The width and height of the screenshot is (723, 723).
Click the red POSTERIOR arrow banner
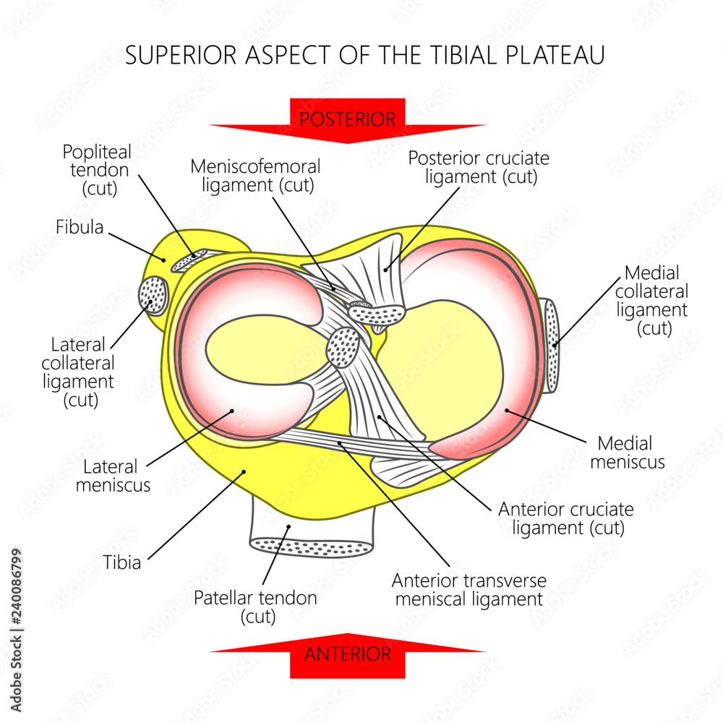pyautogui.click(x=348, y=119)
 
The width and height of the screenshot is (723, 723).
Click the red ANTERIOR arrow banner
pyautogui.click(x=348, y=654)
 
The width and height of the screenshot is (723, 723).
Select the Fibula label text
pyautogui.click(x=80, y=227)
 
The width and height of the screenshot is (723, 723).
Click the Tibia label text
pyautogui.click(x=121, y=562)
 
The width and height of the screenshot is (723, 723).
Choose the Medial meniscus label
pyautogui.click(x=627, y=452)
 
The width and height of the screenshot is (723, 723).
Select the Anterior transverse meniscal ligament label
pyautogui.click(x=469, y=589)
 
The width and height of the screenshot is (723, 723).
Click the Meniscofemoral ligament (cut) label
pyautogui.click(x=255, y=175)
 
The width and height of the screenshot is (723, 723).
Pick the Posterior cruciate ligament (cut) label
pyautogui.click(x=479, y=167)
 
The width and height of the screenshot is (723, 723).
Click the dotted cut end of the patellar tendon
pyautogui.click(x=311, y=547)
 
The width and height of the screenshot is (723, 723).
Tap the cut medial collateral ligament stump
pyautogui.click(x=551, y=346)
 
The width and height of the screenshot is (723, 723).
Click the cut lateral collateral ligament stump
pyautogui.click(x=153, y=296)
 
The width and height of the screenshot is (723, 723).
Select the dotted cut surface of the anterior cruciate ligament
pyautogui.click(x=343, y=347)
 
